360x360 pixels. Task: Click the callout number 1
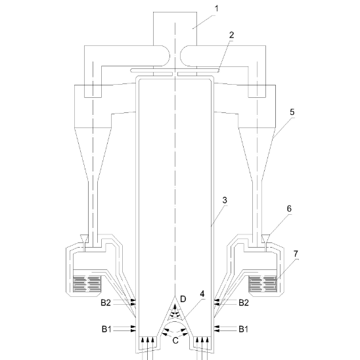pyautogui.click(x=216, y=9)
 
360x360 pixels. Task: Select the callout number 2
pyautogui.click(x=231, y=35)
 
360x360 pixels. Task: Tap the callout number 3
pyautogui.click(x=225, y=200)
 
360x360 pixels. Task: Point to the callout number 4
pyautogui.click(x=202, y=294)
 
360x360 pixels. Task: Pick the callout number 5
pyautogui.click(x=292, y=112)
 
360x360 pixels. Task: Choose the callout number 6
pyautogui.click(x=289, y=209)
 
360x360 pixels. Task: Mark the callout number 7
pyautogui.click(x=296, y=254)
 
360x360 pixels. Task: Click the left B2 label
pyautogui.click(x=106, y=303)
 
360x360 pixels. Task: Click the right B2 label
pyautogui.click(x=244, y=303)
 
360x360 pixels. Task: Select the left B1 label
pyautogui.click(x=106, y=329)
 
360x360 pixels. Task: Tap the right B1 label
pyautogui.click(x=243, y=329)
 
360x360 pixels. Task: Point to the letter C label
pyautogui.click(x=175, y=340)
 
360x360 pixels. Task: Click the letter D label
pyautogui.click(x=183, y=299)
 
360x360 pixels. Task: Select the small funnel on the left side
pyautogui.click(x=83, y=238)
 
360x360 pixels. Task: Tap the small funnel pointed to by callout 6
pyautogui.click(x=266, y=238)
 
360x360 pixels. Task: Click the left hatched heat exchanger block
pyautogui.click(x=87, y=284)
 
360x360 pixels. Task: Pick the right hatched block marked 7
pyautogui.click(x=263, y=284)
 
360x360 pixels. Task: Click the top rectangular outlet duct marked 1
pyautogui.click(x=175, y=28)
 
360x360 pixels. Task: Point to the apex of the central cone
pyautogui.click(x=175, y=296)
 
